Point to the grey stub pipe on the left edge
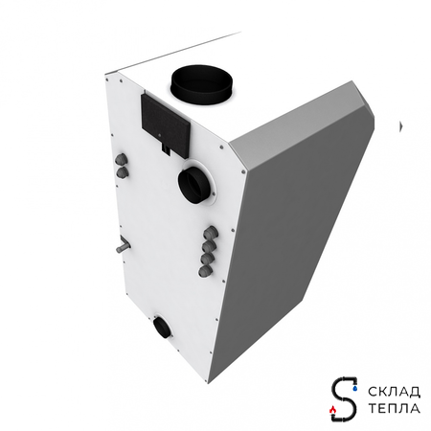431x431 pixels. point(121,248)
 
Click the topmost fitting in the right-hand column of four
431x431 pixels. point(209,231)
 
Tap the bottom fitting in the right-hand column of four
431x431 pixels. point(206,272)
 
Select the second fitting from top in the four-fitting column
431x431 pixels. point(208,245)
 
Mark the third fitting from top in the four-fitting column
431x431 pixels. point(207,259)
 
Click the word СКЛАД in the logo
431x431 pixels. point(390,391)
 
